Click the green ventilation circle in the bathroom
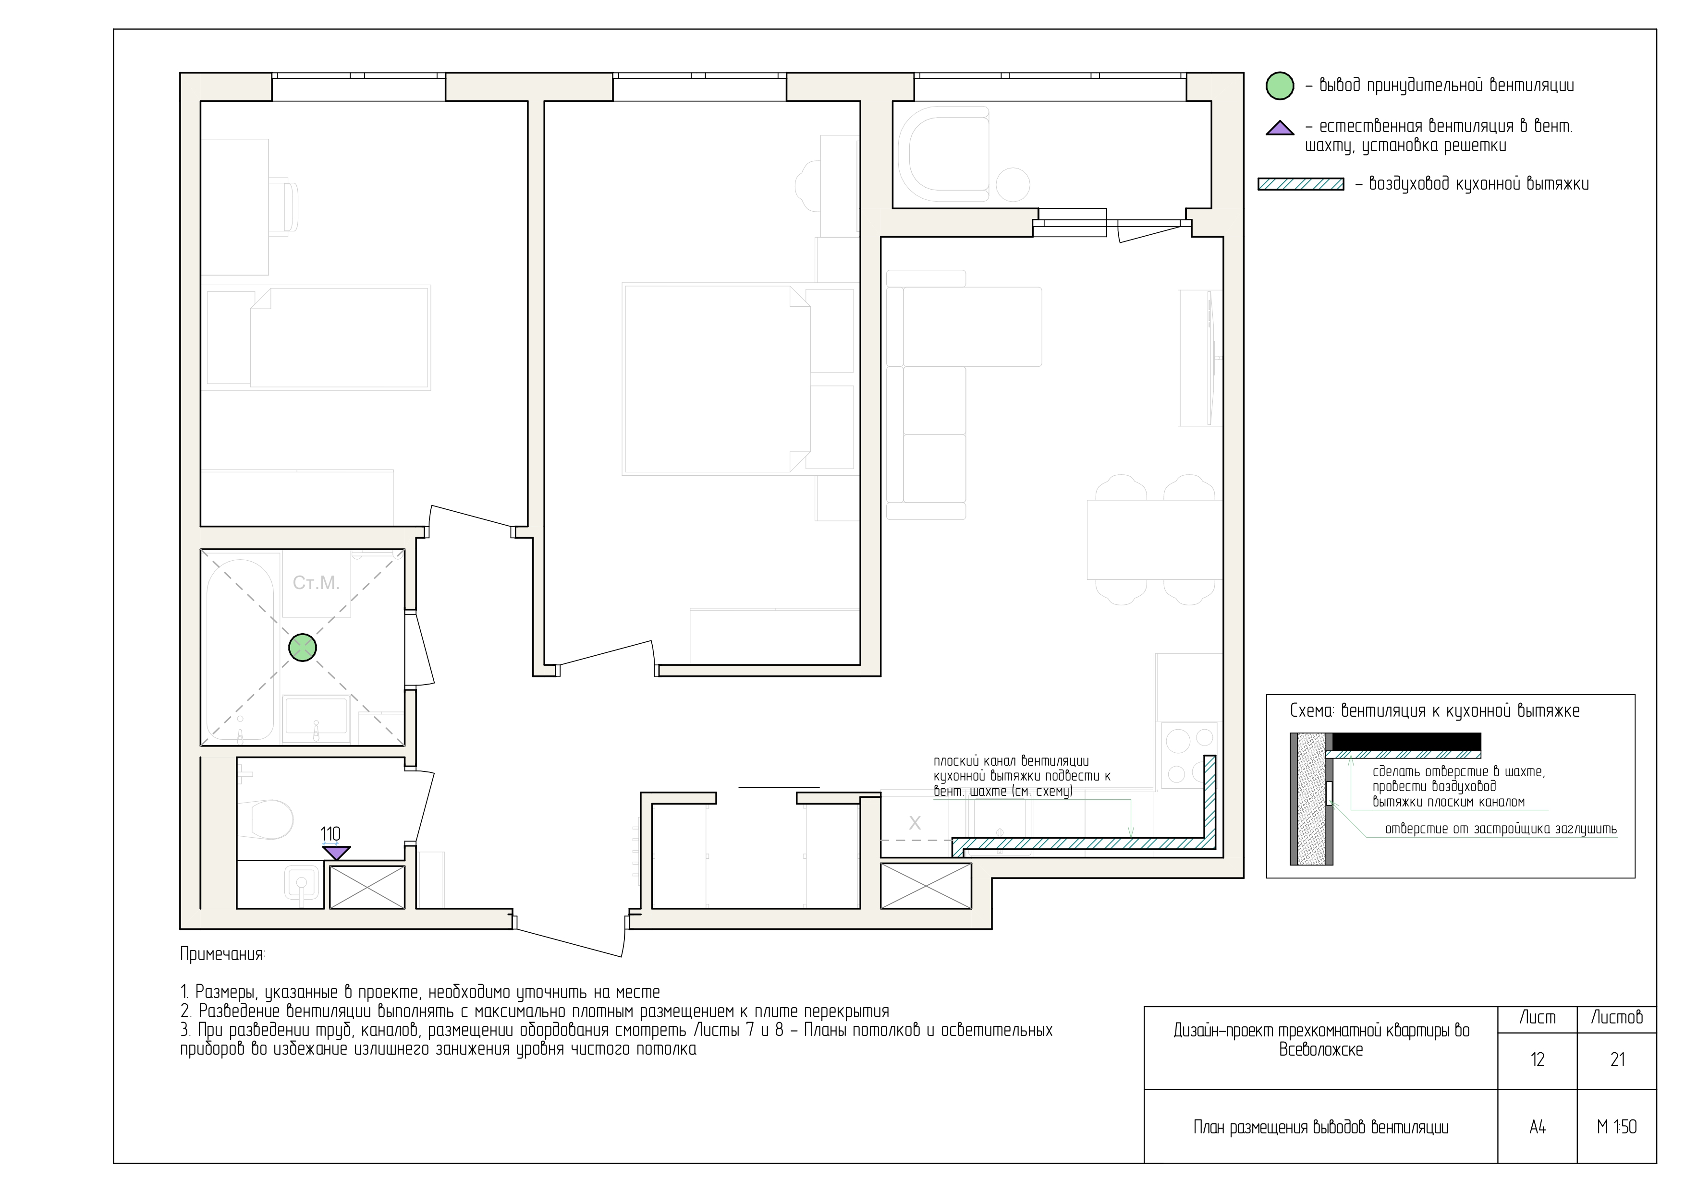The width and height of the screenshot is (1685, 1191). coord(302,648)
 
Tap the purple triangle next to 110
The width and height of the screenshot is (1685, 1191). coord(337,852)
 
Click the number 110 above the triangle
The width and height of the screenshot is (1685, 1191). coord(330,834)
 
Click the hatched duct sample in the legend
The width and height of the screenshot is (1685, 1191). coord(1300,184)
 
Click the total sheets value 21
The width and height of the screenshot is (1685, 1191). coord(1617,1060)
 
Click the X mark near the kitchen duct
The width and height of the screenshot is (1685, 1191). coord(915,824)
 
